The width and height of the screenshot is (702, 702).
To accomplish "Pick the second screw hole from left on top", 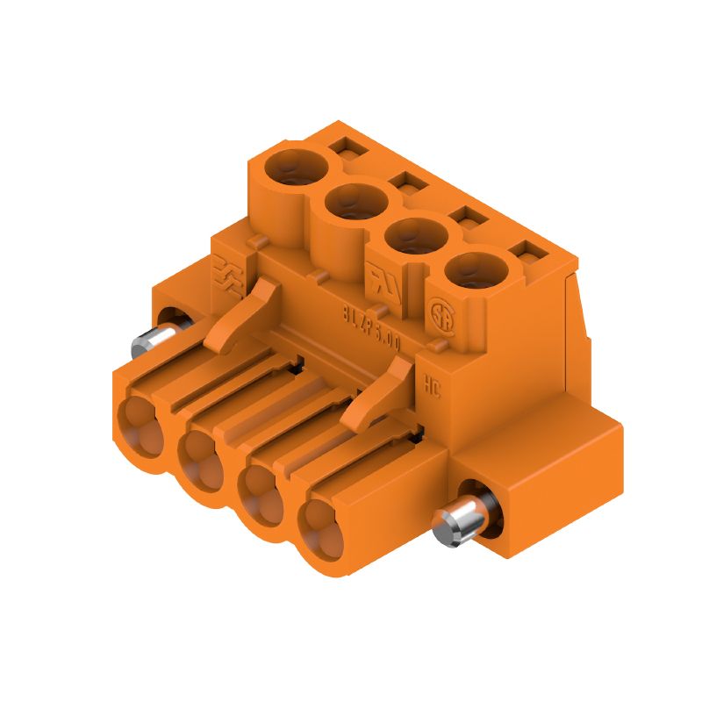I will (356, 204).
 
